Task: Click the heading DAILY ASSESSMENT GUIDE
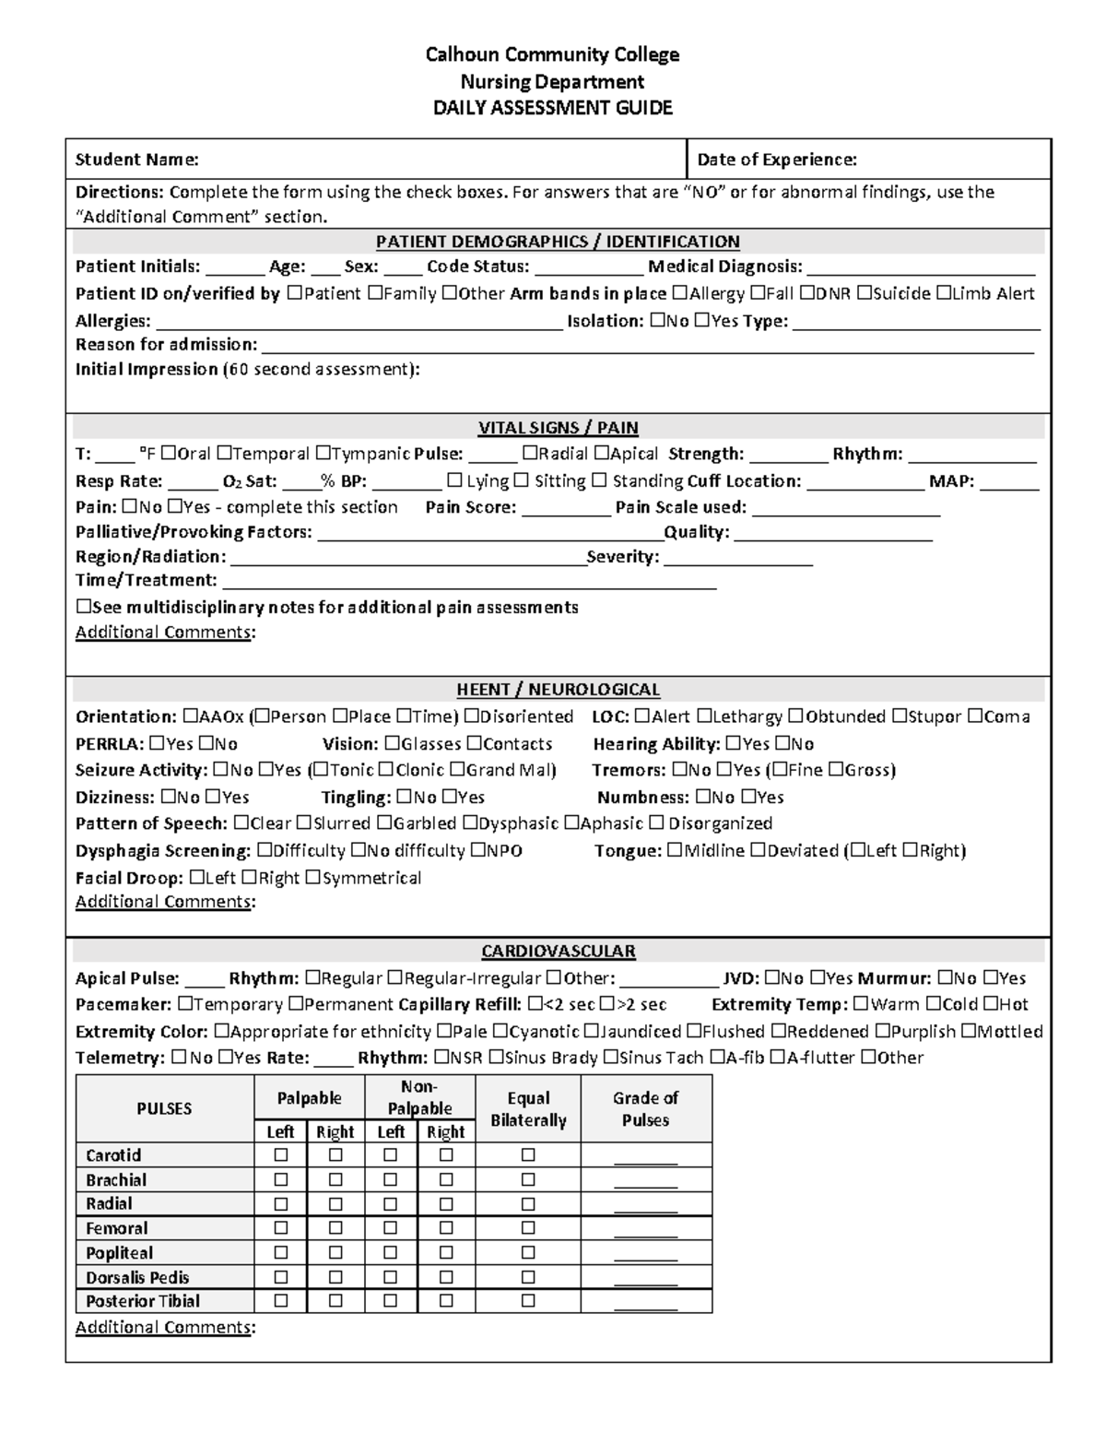553,108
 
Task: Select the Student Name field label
136,160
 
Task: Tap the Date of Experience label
776,160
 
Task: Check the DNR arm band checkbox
806,294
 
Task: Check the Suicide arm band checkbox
864,294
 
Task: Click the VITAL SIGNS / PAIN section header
558,428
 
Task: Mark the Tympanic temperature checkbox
323,454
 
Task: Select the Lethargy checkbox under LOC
704,716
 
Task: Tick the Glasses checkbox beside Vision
393,744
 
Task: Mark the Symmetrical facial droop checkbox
312,878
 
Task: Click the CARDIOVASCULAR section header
558,951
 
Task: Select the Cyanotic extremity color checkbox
500,1032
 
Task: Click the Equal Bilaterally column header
528,1109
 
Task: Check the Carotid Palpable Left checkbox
281,1155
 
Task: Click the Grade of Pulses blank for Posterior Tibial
645,1302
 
